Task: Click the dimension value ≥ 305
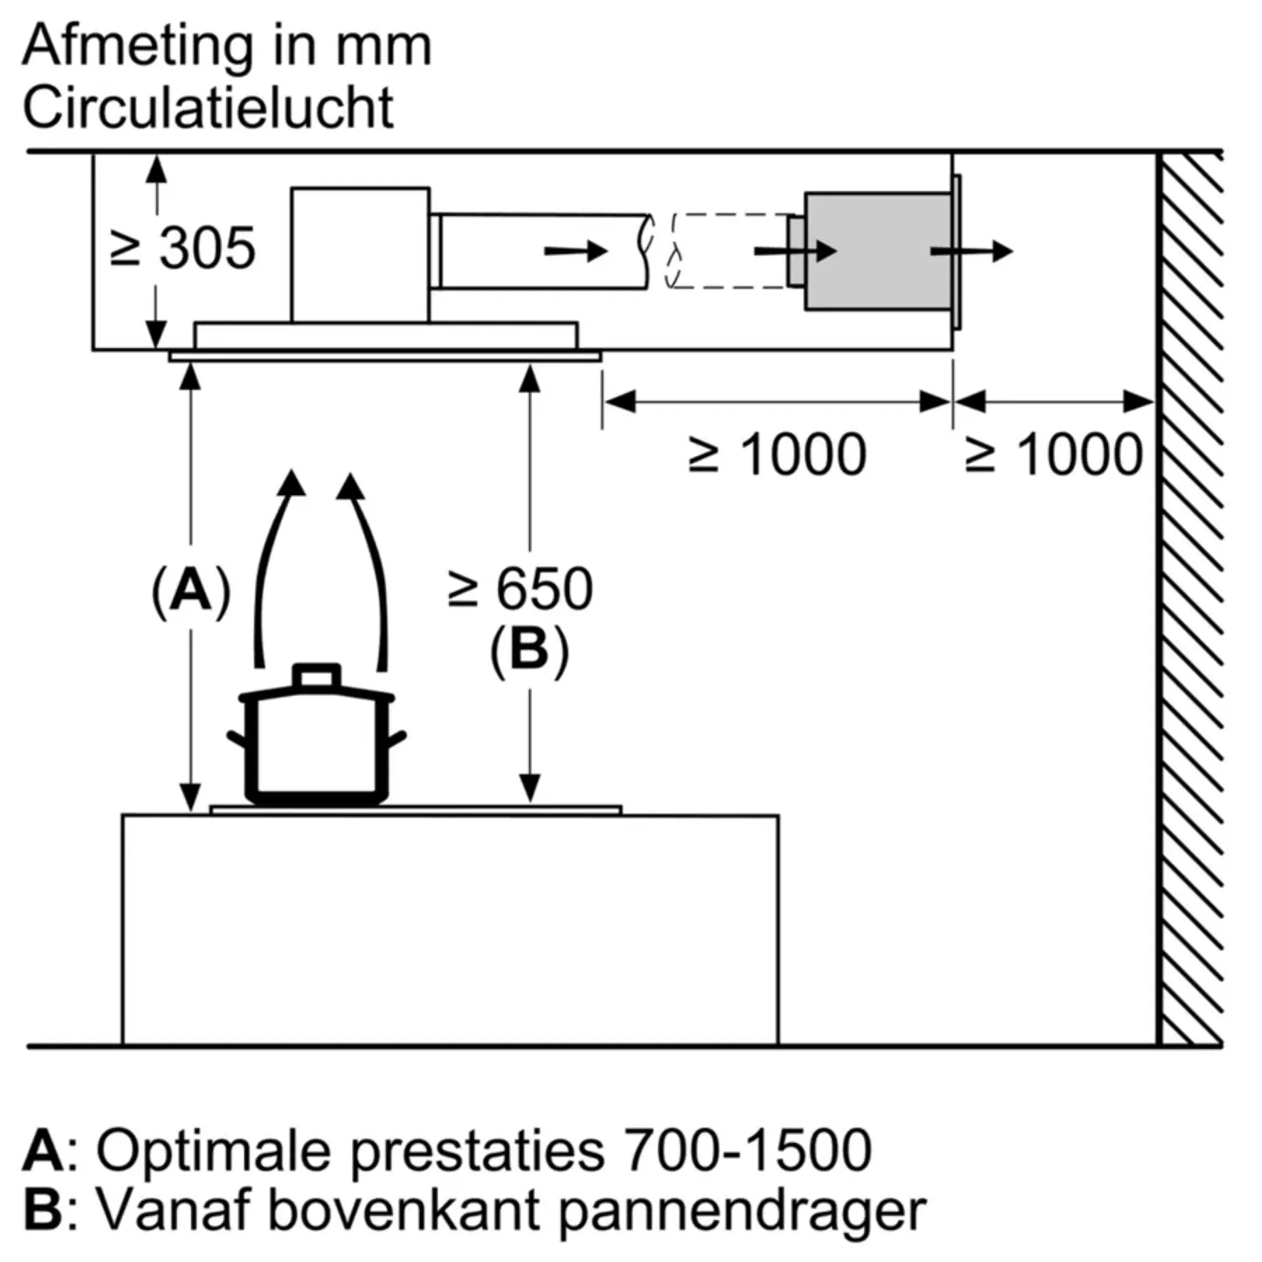tap(183, 249)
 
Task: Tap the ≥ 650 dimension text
tap(520, 589)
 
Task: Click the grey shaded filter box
tap(877, 251)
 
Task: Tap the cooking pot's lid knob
tap(317, 675)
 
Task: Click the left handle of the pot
tap(237, 740)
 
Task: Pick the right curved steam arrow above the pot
tap(370, 568)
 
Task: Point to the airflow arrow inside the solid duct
tap(575, 251)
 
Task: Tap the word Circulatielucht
tap(209, 108)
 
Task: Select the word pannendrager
tap(743, 1211)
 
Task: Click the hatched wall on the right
tap(1190, 588)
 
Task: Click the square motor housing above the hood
tap(360, 255)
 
